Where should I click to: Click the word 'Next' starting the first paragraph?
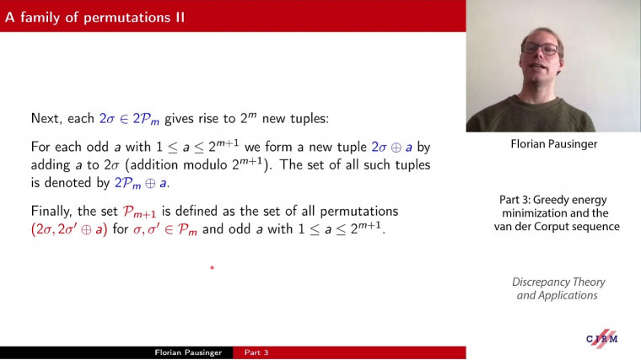[x=46, y=119]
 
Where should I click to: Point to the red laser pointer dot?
[x=212, y=268]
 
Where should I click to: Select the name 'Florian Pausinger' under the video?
[x=552, y=144]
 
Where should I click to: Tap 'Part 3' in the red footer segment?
[x=256, y=352]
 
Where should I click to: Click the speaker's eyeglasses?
[x=540, y=49]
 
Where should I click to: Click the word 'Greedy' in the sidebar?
[x=552, y=200]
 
